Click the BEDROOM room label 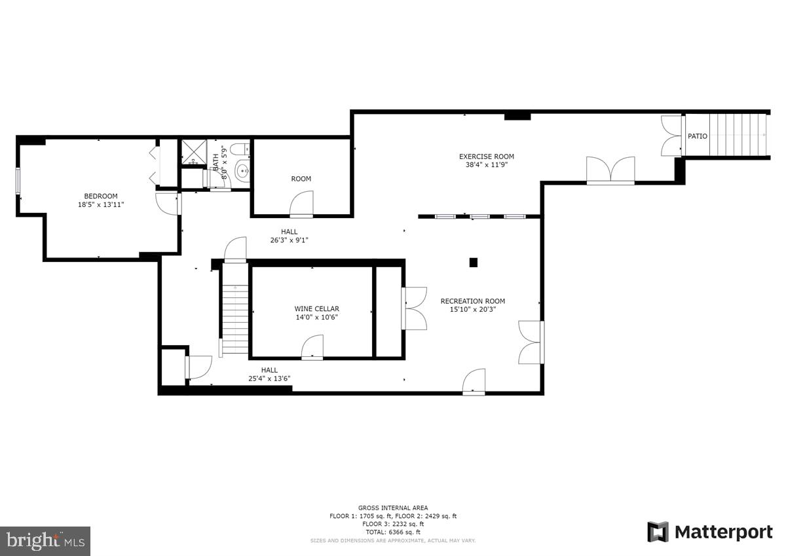coord(101,196)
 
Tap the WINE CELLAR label coord(316,308)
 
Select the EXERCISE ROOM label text coord(486,157)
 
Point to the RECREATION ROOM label coord(472,301)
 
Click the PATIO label coord(697,136)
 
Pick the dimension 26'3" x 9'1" coord(289,240)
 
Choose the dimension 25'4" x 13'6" coord(269,379)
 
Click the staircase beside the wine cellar coord(234,308)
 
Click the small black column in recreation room coord(474,263)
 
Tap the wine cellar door coord(312,348)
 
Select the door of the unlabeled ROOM coord(302,204)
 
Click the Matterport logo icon coord(658,532)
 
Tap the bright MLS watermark coord(45,541)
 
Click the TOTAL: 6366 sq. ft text coord(393,532)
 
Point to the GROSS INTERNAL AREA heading coord(393,508)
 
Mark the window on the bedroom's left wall coord(18,181)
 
